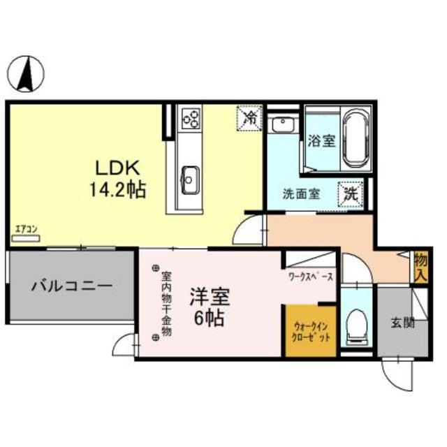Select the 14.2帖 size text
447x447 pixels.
[x=118, y=189]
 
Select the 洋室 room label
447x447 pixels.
[x=207, y=296]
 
